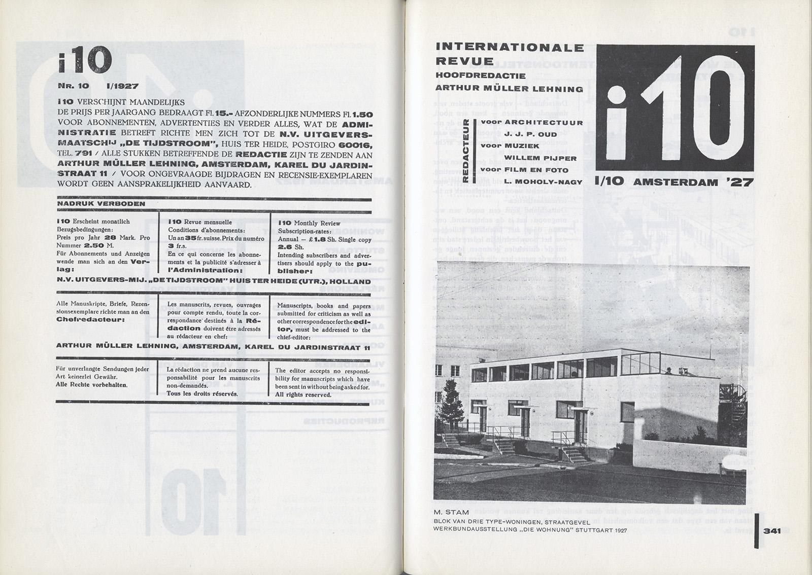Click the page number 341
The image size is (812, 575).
pos(771,532)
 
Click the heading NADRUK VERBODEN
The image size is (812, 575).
pos(101,203)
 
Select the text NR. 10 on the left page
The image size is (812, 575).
pos(73,86)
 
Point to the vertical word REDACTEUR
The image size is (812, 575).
pos(465,152)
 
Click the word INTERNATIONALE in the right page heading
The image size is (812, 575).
pos(510,48)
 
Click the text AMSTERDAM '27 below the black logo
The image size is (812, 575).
pos(694,182)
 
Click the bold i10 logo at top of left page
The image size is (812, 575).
pos(84,60)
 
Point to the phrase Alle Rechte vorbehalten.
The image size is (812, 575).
pos(91,384)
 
